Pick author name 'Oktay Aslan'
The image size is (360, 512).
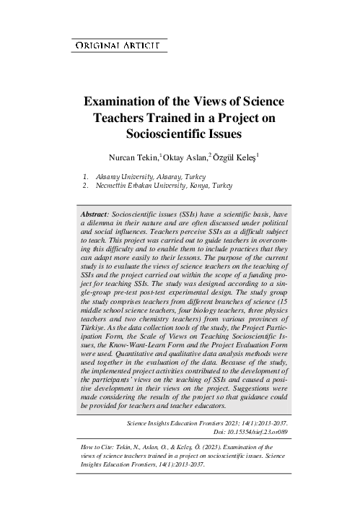coord(184,156)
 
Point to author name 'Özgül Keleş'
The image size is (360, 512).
coord(234,156)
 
